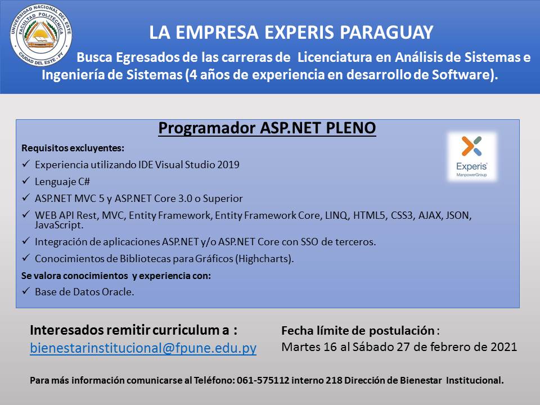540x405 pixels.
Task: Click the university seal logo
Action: [41, 34]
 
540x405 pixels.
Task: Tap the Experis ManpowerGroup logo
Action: [471, 157]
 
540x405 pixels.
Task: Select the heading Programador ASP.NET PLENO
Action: [267, 128]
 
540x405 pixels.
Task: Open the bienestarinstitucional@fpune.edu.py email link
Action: [143, 348]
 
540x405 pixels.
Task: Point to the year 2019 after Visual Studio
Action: [228, 165]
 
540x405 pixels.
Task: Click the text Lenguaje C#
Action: [62, 182]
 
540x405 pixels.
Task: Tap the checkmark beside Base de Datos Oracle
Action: [26, 291]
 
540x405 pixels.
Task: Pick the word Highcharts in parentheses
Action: [263, 259]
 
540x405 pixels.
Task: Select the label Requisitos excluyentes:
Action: [73, 148]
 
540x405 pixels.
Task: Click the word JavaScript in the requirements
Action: [59, 225]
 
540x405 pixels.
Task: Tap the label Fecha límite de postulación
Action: [358, 331]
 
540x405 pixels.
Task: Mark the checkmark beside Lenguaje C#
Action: [26, 181]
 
